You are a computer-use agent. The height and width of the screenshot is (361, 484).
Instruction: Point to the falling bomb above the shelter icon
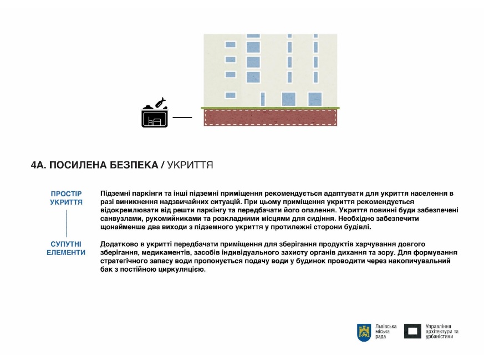point(161,103)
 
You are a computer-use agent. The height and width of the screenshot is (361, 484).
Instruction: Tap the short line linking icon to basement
point(182,118)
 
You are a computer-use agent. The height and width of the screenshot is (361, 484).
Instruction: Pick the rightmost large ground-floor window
point(315,99)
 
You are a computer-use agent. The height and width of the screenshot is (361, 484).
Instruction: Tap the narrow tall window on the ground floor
point(263,99)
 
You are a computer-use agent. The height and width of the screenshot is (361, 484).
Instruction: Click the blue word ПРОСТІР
point(66,194)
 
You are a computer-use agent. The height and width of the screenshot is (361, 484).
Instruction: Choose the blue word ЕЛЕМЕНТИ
point(66,252)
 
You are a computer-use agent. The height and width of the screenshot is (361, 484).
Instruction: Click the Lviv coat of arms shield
point(364,332)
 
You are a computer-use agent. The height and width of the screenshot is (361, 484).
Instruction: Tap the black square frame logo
point(412,331)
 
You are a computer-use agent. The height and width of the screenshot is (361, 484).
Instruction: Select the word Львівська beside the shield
point(386,326)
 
